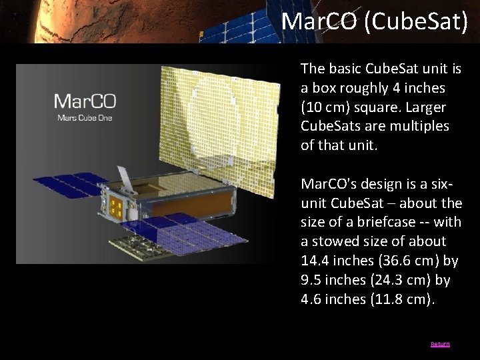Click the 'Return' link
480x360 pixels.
(x=440, y=344)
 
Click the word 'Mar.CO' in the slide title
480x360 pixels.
(x=320, y=21)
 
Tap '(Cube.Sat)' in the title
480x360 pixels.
(x=417, y=21)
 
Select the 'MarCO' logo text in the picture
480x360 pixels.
(x=85, y=102)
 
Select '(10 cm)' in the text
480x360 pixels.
(x=322, y=106)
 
